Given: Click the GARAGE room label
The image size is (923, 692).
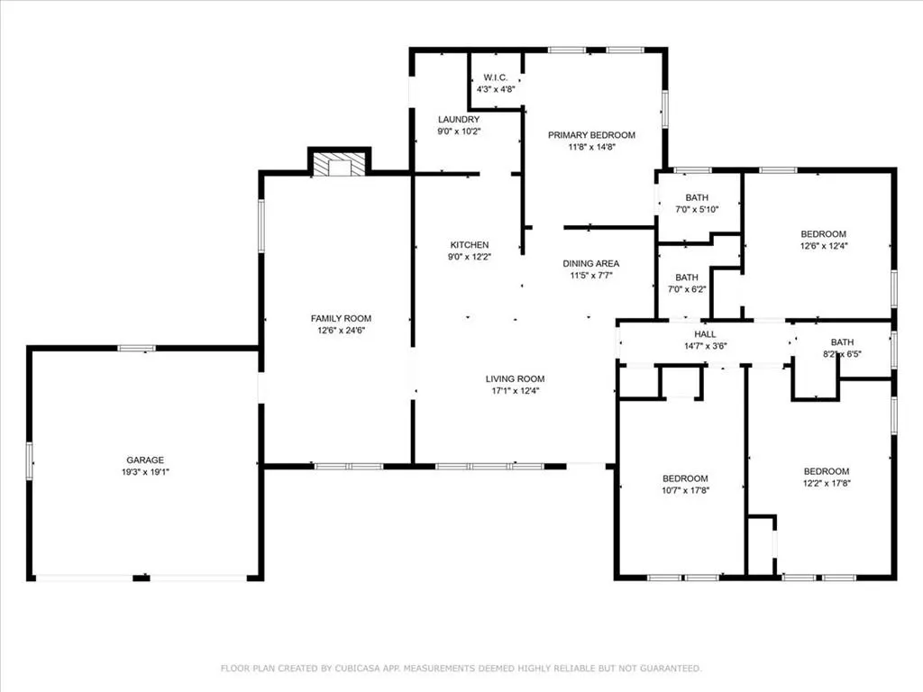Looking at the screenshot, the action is tap(145, 460).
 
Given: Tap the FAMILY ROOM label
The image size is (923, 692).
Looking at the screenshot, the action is tap(341, 318).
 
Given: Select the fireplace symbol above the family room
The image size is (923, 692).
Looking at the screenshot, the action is tap(339, 165).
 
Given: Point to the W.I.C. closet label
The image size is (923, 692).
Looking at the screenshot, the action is tap(496, 77).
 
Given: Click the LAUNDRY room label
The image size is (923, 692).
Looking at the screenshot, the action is tap(459, 120).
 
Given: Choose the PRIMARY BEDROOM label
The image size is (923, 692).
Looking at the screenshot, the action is tap(591, 135).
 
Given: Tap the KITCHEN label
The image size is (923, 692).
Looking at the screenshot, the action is tap(469, 245).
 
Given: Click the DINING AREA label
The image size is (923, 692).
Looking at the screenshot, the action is tap(591, 264).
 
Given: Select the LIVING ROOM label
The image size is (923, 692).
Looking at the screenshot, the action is tap(515, 379).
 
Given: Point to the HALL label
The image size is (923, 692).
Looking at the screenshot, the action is tap(705, 334).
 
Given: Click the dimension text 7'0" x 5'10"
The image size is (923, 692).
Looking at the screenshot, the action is tap(697, 209).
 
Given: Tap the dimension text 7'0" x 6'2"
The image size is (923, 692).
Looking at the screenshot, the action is tap(687, 289).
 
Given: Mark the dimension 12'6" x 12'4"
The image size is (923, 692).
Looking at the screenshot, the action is tap(824, 246).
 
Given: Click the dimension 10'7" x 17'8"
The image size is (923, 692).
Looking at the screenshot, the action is tap(685, 490).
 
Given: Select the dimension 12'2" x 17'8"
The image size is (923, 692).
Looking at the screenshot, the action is tap(827, 483).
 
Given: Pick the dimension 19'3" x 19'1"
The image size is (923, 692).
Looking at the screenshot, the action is tap(145, 472).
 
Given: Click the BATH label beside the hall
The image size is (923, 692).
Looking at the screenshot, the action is tap(842, 341).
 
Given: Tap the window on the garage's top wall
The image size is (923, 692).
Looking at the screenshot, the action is tap(137, 349).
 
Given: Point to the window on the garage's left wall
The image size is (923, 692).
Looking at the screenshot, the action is tap(30, 461).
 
